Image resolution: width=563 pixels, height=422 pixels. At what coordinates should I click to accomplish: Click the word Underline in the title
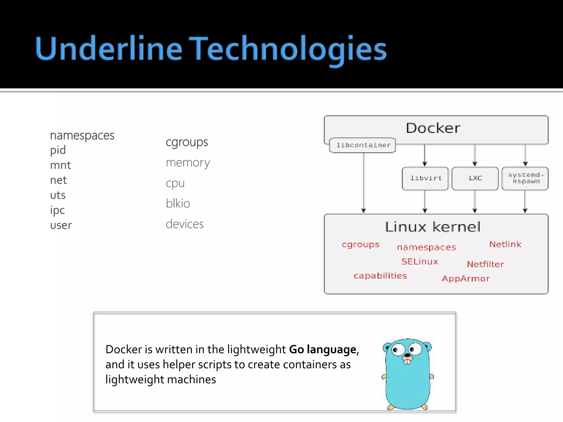tap(109, 49)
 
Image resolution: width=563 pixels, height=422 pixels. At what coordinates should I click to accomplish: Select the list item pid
tap(58, 150)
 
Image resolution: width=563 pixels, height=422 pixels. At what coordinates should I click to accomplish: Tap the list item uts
tap(58, 195)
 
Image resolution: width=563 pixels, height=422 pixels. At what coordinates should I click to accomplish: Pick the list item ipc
tap(57, 210)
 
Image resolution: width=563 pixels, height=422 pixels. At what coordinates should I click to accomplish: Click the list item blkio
tap(178, 204)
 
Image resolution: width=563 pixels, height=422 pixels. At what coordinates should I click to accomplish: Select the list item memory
tap(188, 163)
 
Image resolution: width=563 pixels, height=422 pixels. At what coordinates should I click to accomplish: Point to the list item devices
tap(185, 224)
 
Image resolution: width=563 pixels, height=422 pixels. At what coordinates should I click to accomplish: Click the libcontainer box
tap(363, 145)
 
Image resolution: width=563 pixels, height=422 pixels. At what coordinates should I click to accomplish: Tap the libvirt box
tap(425, 178)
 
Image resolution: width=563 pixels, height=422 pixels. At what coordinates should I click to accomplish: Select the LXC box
tap(475, 178)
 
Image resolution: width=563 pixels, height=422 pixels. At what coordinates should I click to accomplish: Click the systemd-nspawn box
tap(525, 178)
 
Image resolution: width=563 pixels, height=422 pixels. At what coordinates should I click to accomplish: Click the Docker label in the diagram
tap(433, 128)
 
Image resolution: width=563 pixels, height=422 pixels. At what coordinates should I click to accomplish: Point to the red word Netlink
tap(505, 244)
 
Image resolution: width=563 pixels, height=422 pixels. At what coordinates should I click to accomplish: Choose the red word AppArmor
tap(466, 279)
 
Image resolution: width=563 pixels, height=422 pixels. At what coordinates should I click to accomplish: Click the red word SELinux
tap(420, 261)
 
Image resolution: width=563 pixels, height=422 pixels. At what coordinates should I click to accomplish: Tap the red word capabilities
tap(380, 276)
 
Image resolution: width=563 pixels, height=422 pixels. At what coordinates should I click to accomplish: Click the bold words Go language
tap(323, 349)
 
